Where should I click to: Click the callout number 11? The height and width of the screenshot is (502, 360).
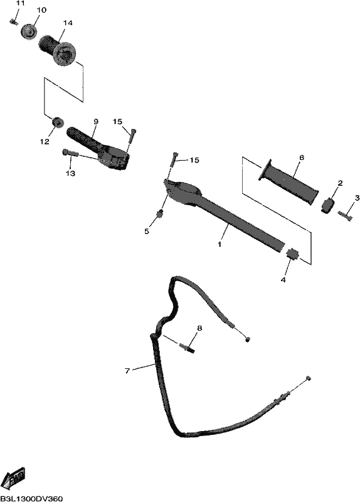(20, 4)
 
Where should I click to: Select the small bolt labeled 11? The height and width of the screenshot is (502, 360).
(13, 22)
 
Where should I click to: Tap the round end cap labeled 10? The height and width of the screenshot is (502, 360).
(29, 32)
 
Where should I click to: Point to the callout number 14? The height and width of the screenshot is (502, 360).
(68, 23)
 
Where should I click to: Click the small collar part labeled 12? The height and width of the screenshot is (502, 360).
(58, 122)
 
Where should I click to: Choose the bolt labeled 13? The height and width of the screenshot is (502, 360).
(70, 152)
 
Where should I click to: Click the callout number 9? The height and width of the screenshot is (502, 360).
(96, 121)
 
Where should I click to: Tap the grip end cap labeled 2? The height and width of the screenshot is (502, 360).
(327, 205)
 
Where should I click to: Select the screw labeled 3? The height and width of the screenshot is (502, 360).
(345, 215)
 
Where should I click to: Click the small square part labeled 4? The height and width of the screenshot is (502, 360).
(292, 254)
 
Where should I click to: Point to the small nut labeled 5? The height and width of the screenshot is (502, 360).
(159, 214)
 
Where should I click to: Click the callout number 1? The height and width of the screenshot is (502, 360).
(220, 244)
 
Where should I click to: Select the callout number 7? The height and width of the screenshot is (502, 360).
(127, 371)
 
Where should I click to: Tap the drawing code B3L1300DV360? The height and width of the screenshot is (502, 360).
(32, 498)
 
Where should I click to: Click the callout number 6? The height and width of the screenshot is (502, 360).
(302, 158)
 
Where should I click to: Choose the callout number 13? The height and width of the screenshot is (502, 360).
(70, 173)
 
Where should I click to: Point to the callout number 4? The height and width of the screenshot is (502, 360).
(283, 279)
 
